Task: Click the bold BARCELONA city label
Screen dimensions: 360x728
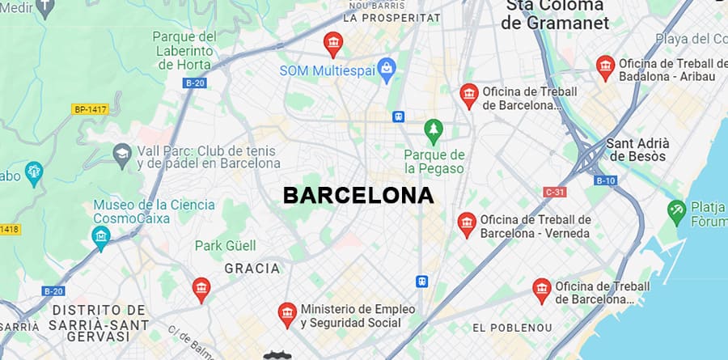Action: point(358,196)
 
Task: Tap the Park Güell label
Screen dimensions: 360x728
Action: point(225,245)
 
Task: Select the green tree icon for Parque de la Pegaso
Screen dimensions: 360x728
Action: point(434,129)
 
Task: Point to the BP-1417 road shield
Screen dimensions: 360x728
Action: point(90,108)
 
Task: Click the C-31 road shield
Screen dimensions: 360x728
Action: point(554,192)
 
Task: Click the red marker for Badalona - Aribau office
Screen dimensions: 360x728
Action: point(605,66)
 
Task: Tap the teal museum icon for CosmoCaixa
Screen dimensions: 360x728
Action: point(101,235)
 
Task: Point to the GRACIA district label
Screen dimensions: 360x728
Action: point(252,269)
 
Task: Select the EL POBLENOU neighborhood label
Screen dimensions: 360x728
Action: point(512,328)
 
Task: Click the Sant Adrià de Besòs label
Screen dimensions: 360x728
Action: point(637,150)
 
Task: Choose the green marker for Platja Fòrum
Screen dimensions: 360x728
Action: point(676,212)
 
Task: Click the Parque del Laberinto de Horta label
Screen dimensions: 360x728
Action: point(184,50)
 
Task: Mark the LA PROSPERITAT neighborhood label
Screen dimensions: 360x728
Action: point(392,17)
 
